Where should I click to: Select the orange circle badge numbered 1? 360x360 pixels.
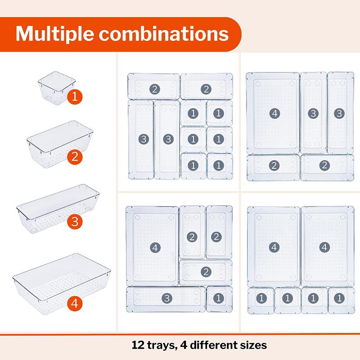pyautogui.click(x=74, y=97)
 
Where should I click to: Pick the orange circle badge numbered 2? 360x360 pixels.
pyautogui.click(x=74, y=157)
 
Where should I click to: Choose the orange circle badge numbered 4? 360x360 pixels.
pyautogui.click(x=76, y=304)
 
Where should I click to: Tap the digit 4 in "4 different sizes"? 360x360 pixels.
pyautogui.click(x=184, y=346)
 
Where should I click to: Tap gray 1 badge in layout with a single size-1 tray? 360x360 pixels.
pyautogui.click(x=219, y=298)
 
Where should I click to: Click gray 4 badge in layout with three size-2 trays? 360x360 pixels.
pyautogui.click(x=154, y=247)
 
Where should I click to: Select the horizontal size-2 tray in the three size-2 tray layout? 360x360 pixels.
pyautogui.click(x=206, y=272)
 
